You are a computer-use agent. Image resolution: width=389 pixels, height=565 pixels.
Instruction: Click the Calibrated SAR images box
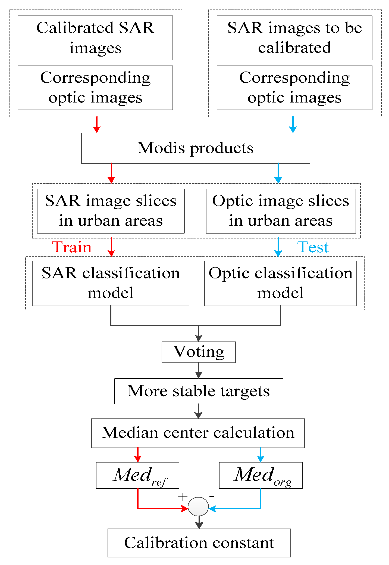pos(95,38)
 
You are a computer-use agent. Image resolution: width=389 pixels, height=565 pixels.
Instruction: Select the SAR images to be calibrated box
pos(294,38)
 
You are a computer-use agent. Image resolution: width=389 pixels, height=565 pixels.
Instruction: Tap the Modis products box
pos(195,148)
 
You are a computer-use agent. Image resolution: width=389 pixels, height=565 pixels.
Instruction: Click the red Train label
pos(72,247)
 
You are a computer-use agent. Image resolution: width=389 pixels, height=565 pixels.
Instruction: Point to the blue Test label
pos(313,247)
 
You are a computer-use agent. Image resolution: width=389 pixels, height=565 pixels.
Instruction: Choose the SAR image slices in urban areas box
pos(111,211)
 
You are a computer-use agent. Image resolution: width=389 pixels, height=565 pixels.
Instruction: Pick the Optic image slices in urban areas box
pos(281,211)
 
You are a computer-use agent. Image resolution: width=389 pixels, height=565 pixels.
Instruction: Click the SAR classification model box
pos(111,283)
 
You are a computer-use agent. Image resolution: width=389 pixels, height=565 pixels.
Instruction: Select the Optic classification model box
pos(280,283)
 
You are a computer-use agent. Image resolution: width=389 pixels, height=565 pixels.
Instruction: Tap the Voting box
pos(199,352)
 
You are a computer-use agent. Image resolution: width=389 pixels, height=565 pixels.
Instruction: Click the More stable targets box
pos(199,391)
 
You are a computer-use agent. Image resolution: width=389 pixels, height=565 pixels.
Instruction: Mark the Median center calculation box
pos(198,433)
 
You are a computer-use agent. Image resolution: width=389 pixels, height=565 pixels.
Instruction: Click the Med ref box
pos(137,475)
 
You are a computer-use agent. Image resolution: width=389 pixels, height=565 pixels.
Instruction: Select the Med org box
pos(261,475)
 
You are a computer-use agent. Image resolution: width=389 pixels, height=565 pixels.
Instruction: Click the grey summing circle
pos(198,507)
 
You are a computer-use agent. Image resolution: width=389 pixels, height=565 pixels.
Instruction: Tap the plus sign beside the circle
pos(183,497)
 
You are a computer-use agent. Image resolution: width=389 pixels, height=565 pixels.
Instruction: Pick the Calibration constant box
pos(199,543)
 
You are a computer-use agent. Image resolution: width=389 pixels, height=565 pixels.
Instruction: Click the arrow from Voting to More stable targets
pos(199,371)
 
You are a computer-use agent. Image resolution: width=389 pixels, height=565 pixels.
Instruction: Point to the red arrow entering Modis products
pos(97,125)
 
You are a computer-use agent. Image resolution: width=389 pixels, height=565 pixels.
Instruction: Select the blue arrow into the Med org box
pos(261,455)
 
